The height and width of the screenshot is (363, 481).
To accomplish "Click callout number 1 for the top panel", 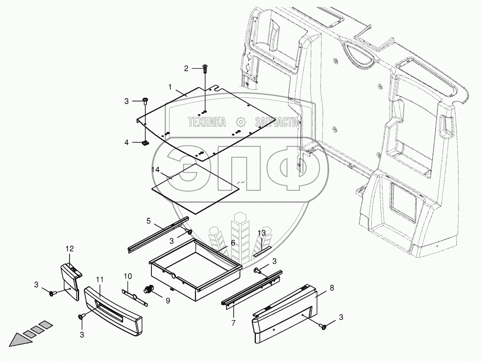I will pos(169,87).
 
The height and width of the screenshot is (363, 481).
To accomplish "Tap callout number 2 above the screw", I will pos(186,68).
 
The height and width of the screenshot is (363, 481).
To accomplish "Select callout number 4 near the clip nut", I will pos(127,142).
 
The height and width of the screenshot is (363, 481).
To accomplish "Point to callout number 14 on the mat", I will pos(156,169).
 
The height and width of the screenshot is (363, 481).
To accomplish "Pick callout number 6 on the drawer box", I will pos(232,243).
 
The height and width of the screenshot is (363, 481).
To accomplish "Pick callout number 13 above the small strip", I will pos(262,233).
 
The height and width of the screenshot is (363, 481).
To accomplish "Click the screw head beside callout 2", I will pos(205,67).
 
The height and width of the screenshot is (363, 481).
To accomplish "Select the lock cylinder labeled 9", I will pos(149,290).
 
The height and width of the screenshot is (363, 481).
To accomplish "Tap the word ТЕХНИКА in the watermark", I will pos(207,122).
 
